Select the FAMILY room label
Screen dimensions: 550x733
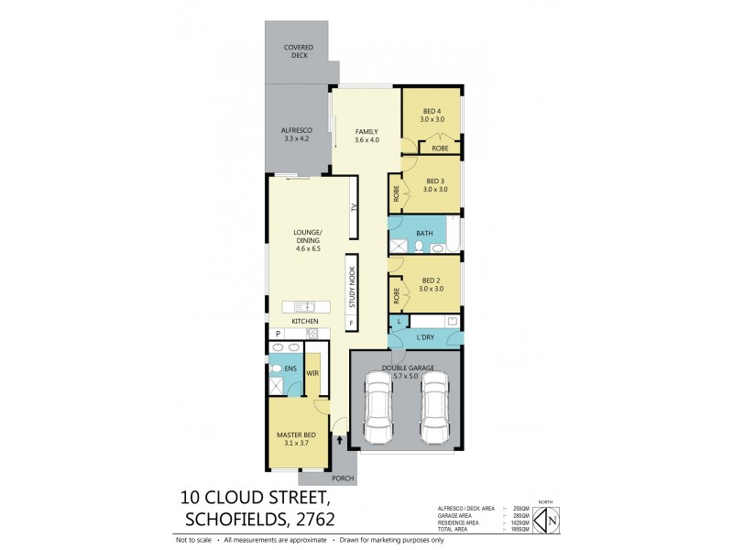click(366, 136)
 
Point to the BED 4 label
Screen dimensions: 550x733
click(432, 115)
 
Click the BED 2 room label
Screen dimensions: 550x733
click(432, 284)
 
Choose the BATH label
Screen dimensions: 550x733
click(424, 234)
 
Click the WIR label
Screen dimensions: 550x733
click(311, 373)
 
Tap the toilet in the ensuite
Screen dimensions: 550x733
click(277, 369)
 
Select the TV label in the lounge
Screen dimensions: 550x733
click(353, 208)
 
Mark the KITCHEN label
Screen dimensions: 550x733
click(304, 322)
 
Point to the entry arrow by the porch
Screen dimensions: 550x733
click(342, 439)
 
